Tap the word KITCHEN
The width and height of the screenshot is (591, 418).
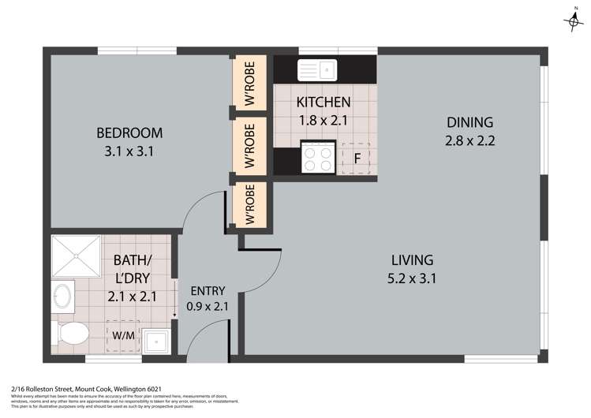pos(323,103)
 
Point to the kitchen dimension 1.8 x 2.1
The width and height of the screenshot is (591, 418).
pos(323,121)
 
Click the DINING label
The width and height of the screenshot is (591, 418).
pos(469,122)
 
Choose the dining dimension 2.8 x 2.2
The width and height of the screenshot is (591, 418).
pos(469,141)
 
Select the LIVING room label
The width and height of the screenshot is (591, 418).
pos(413,259)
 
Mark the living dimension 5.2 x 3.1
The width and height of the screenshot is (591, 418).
pos(413,278)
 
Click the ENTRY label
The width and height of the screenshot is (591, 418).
pos(208,289)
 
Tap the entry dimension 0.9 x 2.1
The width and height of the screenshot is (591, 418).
pos(208,306)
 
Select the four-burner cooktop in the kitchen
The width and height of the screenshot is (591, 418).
pos(320,159)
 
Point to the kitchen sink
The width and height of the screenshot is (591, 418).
pos(316,70)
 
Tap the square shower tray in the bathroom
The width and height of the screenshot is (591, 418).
pos(76,257)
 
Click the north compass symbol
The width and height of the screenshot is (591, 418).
pos(574,21)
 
